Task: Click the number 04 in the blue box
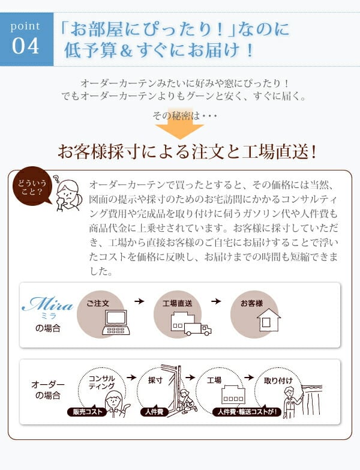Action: [25, 46]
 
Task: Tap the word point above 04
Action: [25, 26]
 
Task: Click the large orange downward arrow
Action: [180, 124]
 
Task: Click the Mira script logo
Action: [47, 304]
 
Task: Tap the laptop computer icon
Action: [116, 322]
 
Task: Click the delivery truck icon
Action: [197, 330]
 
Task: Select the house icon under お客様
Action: [269, 320]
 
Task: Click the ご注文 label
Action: [98, 303]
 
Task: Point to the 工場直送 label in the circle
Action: [178, 303]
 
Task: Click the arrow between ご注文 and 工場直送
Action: [139, 301]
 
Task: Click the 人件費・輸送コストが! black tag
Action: [247, 412]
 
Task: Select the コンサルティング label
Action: [101, 382]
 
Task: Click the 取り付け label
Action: [278, 381]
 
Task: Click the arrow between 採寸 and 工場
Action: [190, 377]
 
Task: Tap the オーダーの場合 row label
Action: [48, 390]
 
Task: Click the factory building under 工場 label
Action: [233, 394]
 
